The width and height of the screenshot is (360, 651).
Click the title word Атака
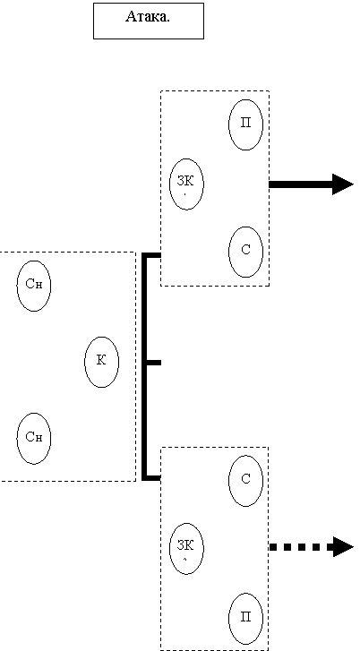point(148,17)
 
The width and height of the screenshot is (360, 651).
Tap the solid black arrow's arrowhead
point(343,184)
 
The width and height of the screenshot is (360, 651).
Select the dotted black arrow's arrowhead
point(343,546)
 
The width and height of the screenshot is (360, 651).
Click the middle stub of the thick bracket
point(154,363)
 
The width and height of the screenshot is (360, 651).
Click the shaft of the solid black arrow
point(301,184)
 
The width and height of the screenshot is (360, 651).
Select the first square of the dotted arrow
point(273,546)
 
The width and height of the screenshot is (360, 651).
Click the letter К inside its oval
point(101,360)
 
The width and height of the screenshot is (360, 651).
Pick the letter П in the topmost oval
point(245,124)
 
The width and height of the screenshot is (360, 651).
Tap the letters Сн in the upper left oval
point(34,285)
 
